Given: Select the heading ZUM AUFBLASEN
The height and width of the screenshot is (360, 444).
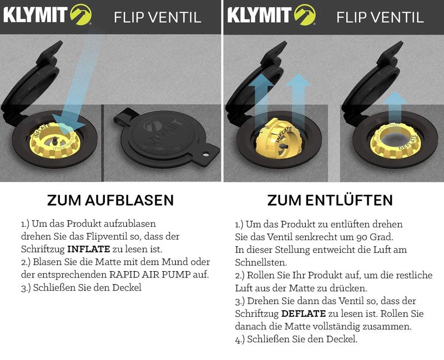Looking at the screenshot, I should click(110, 200).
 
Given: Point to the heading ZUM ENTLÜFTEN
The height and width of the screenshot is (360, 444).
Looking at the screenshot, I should click(330, 200).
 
